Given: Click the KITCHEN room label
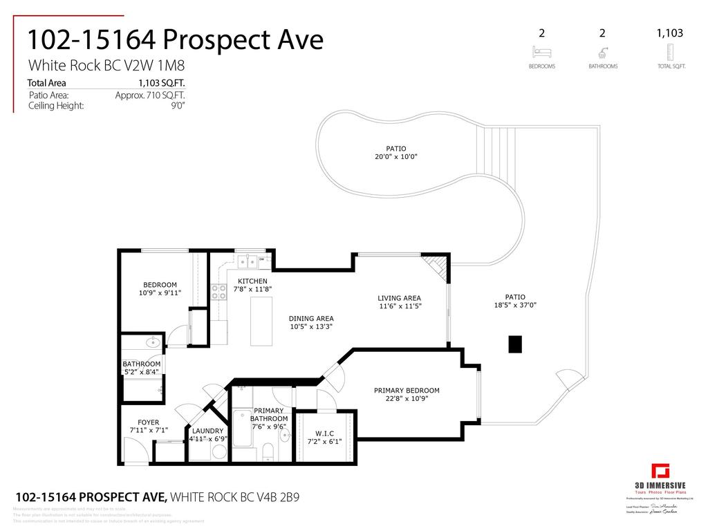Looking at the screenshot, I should (252, 281).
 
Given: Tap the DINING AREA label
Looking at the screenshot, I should (311, 319).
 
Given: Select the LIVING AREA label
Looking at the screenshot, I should (400, 298).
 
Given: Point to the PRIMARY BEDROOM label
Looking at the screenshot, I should (407, 391).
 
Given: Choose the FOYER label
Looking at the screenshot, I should (148, 422).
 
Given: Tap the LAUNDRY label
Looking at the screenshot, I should (207, 431).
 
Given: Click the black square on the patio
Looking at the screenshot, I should (515, 344).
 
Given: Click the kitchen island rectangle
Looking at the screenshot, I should (261, 322).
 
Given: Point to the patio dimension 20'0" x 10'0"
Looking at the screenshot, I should (396, 156).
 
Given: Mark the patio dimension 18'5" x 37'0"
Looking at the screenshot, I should (515, 305).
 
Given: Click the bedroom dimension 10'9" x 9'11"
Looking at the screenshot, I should (160, 292).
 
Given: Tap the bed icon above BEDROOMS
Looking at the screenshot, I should (541, 52).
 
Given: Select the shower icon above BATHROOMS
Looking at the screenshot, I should (602, 52).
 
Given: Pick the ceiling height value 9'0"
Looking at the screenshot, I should (178, 106).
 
